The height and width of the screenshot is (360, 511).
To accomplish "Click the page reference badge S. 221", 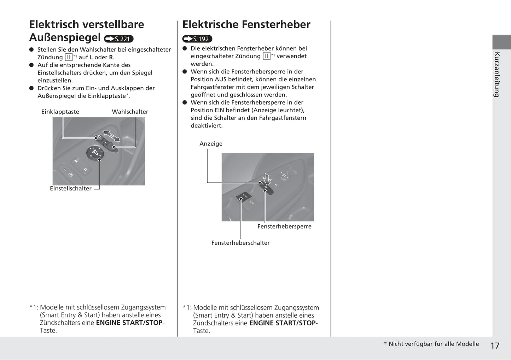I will click(x=119, y=39).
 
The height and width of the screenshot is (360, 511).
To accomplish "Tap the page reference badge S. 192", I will click(x=197, y=39).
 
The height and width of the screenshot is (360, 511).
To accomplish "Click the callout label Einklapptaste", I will click(x=60, y=112).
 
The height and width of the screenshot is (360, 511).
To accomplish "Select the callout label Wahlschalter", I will click(x=130, y=112).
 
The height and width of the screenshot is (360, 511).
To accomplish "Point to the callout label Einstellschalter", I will click(x=71, y=188).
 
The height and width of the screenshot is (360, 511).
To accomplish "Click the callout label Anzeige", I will click(x=211, y=143).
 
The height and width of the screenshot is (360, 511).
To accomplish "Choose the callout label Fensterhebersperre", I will click(x=284, y=226).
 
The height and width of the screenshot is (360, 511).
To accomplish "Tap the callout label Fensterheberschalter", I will click(x=240, y=243).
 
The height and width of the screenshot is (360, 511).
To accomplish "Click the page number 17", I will click(x=495, y=346).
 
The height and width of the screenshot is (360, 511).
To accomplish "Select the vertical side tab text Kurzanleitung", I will click(x=497, y=75).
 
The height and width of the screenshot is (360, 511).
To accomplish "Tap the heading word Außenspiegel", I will click(x=65, y=37).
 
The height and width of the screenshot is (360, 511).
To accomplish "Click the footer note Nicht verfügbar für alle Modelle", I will click(x=434, y=344).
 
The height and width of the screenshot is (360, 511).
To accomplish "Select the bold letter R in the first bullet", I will click(x=111, y=57).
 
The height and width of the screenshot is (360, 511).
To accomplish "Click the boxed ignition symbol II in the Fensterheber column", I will click(x=267, y=56).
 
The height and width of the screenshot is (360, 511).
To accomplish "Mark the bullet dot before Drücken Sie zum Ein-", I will click(x=31, y=88).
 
